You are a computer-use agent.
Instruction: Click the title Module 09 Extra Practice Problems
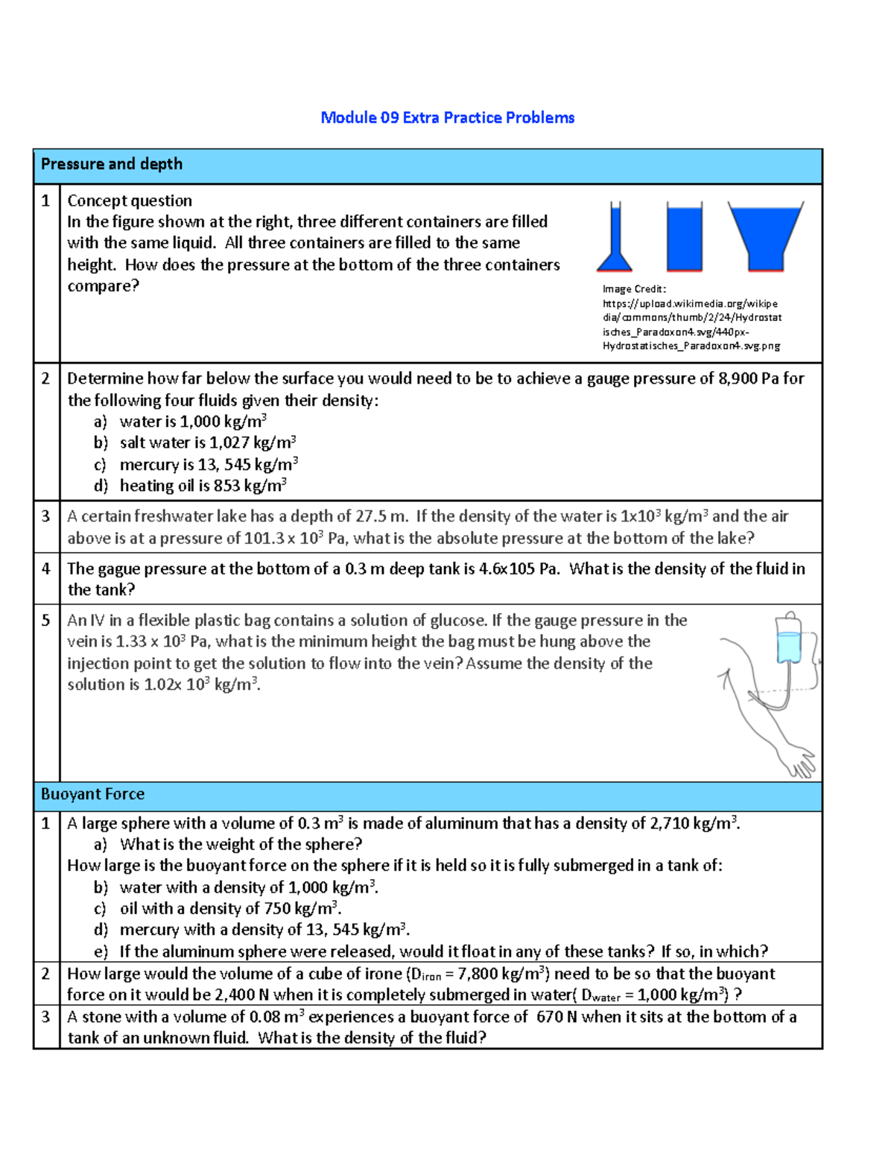click(447, 118)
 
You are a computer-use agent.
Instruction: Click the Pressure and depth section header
click(112, 164)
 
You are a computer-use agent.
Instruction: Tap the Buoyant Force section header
click(92, 794)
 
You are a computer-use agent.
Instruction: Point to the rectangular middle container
click(684, 237)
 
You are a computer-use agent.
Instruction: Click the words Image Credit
click(634, 289)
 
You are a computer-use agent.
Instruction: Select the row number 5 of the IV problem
click(46, 621)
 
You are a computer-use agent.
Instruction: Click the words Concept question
click(130, 201)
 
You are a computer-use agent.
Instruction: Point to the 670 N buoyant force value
click(557, 1017)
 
